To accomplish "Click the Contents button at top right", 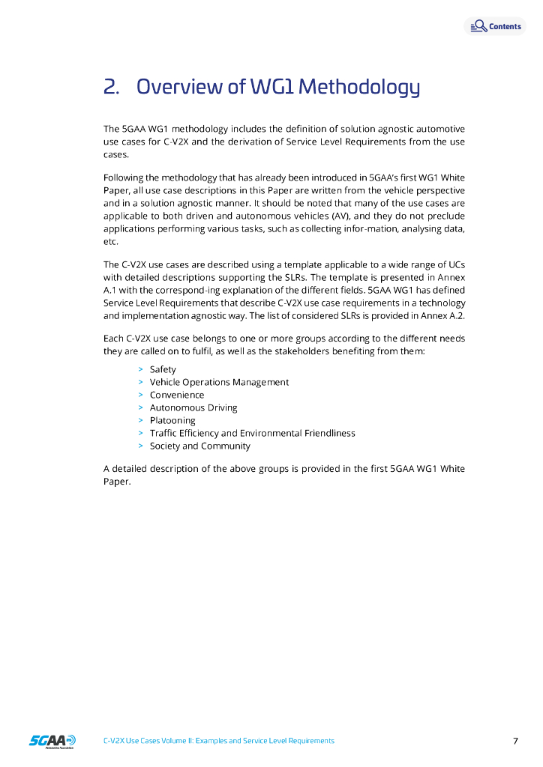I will click(x=496, y=26).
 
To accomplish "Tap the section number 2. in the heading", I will click(x=112, y=87).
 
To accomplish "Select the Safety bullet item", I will click(x=163, y=369).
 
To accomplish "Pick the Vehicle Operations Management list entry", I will click(x=219, y=382).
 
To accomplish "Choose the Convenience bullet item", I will click(x=177, y=395).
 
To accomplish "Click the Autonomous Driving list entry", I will click(x=193, y=407).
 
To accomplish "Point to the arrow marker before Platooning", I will click(x=141, y=420).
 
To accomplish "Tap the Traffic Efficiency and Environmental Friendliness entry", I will click(x=252, y=433).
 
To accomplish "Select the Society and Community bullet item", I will click(x=200, y=446).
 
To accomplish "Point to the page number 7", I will click(x=515, y=741).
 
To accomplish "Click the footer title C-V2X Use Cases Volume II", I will click(x=218, y=741).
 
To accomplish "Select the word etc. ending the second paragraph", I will click(x=110, y=242).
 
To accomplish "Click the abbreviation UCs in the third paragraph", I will click(x=456, y=264).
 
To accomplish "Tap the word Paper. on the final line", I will click(x=116, y=482).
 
